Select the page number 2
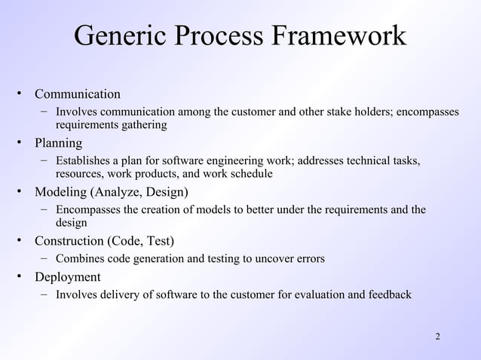[438, 335]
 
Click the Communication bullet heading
[78, 94]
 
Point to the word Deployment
[67, 276]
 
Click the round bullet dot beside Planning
[23, 143]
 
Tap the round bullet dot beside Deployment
[23, 276]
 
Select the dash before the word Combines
[46, 258]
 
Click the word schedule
[250, 174]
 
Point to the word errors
[310, 259]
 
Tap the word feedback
[388, 294]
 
